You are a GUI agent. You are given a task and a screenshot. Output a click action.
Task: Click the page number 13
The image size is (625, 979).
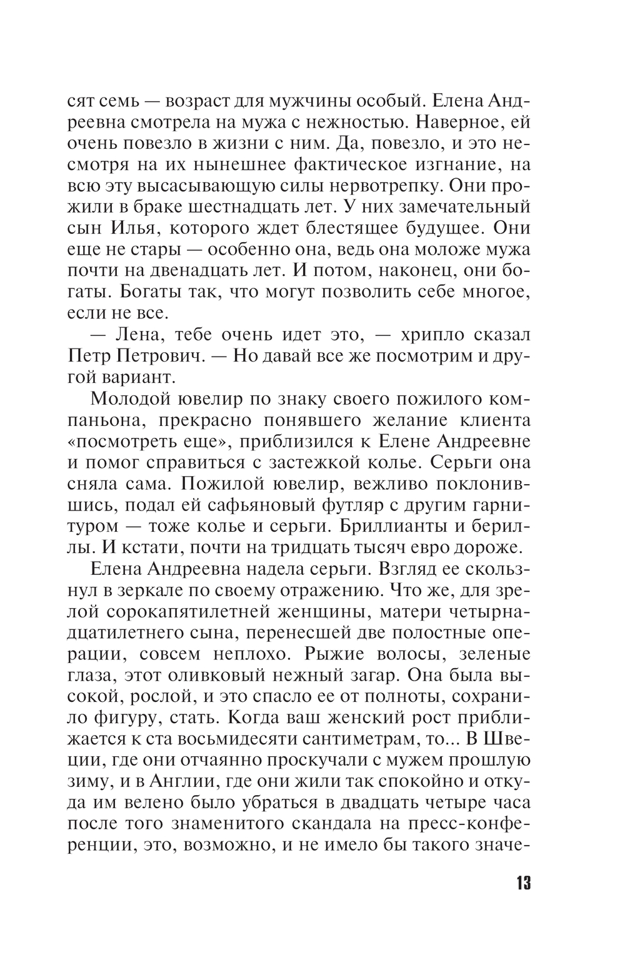tap(522, 883)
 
